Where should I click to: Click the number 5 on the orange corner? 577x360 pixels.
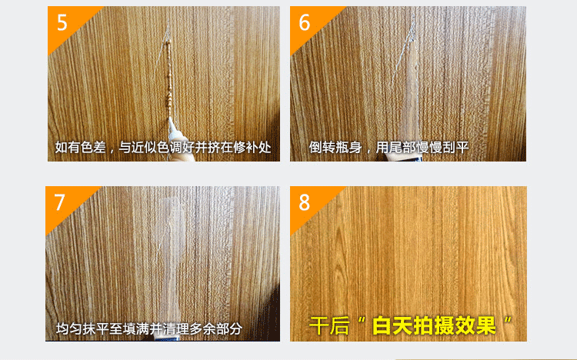(x=62, y=22)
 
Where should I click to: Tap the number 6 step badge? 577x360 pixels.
(x=305, y=22)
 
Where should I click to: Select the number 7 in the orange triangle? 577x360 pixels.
(x=59, y=202)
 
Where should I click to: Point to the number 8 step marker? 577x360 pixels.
(x=305, y=202)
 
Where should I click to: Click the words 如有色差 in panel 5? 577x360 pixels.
(x=81, y=148)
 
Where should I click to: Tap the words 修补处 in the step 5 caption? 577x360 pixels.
(x=252, y=148)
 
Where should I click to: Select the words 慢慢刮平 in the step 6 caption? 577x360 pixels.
(x=443, y=147)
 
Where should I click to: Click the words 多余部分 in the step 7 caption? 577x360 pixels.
(x=216, y=328)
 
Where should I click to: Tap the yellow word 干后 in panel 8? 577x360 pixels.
(x=329, y=325)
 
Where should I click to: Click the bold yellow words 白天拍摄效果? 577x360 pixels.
(x=434, y=325)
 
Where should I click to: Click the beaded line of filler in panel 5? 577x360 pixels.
(x=168, y=78)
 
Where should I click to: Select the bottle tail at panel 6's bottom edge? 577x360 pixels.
(x=401, y=158)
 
